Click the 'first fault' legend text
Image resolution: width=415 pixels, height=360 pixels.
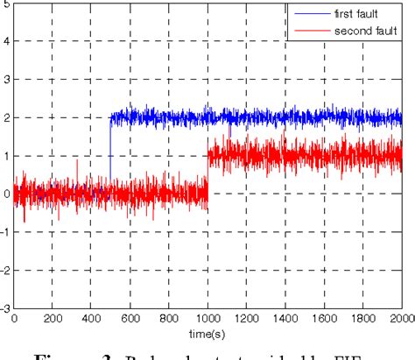pyautogui.click(x=358, y=15)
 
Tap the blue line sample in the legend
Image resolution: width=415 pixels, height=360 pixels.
pyautogui.click(x=309, y=15)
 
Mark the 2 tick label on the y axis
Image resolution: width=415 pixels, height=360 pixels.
pyautogui.click(x=7, y=117)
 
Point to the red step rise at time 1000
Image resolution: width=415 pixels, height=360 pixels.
pyautogui.click(x=207, y=175)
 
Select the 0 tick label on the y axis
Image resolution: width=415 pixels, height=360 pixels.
pyautogui.click(x=7, y=194)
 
